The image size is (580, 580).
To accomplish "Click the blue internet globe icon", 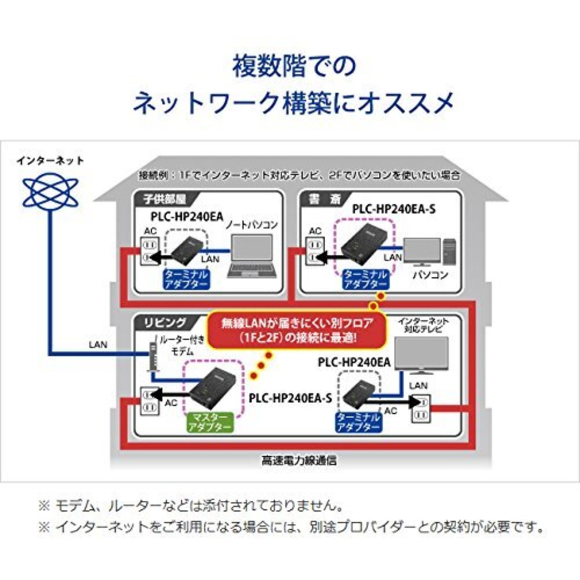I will tap(50, 193).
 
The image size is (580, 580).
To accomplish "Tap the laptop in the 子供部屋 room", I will tap(252, 256).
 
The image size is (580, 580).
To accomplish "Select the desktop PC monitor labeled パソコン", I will tap(422, 252).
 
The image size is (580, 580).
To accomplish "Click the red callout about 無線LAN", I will tap(297, 330).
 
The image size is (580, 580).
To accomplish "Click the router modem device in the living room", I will tap(153, 354).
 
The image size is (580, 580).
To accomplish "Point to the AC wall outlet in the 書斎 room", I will tap(314, 251).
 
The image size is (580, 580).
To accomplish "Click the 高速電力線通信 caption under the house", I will tap(299, 461).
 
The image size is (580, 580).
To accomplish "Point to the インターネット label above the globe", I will tap(50, 161).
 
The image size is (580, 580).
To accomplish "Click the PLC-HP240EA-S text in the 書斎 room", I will tap(394, 209).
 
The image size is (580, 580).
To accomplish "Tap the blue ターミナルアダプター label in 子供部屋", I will tap(186, 279).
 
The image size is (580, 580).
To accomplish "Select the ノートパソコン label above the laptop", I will tap(251, 225).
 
